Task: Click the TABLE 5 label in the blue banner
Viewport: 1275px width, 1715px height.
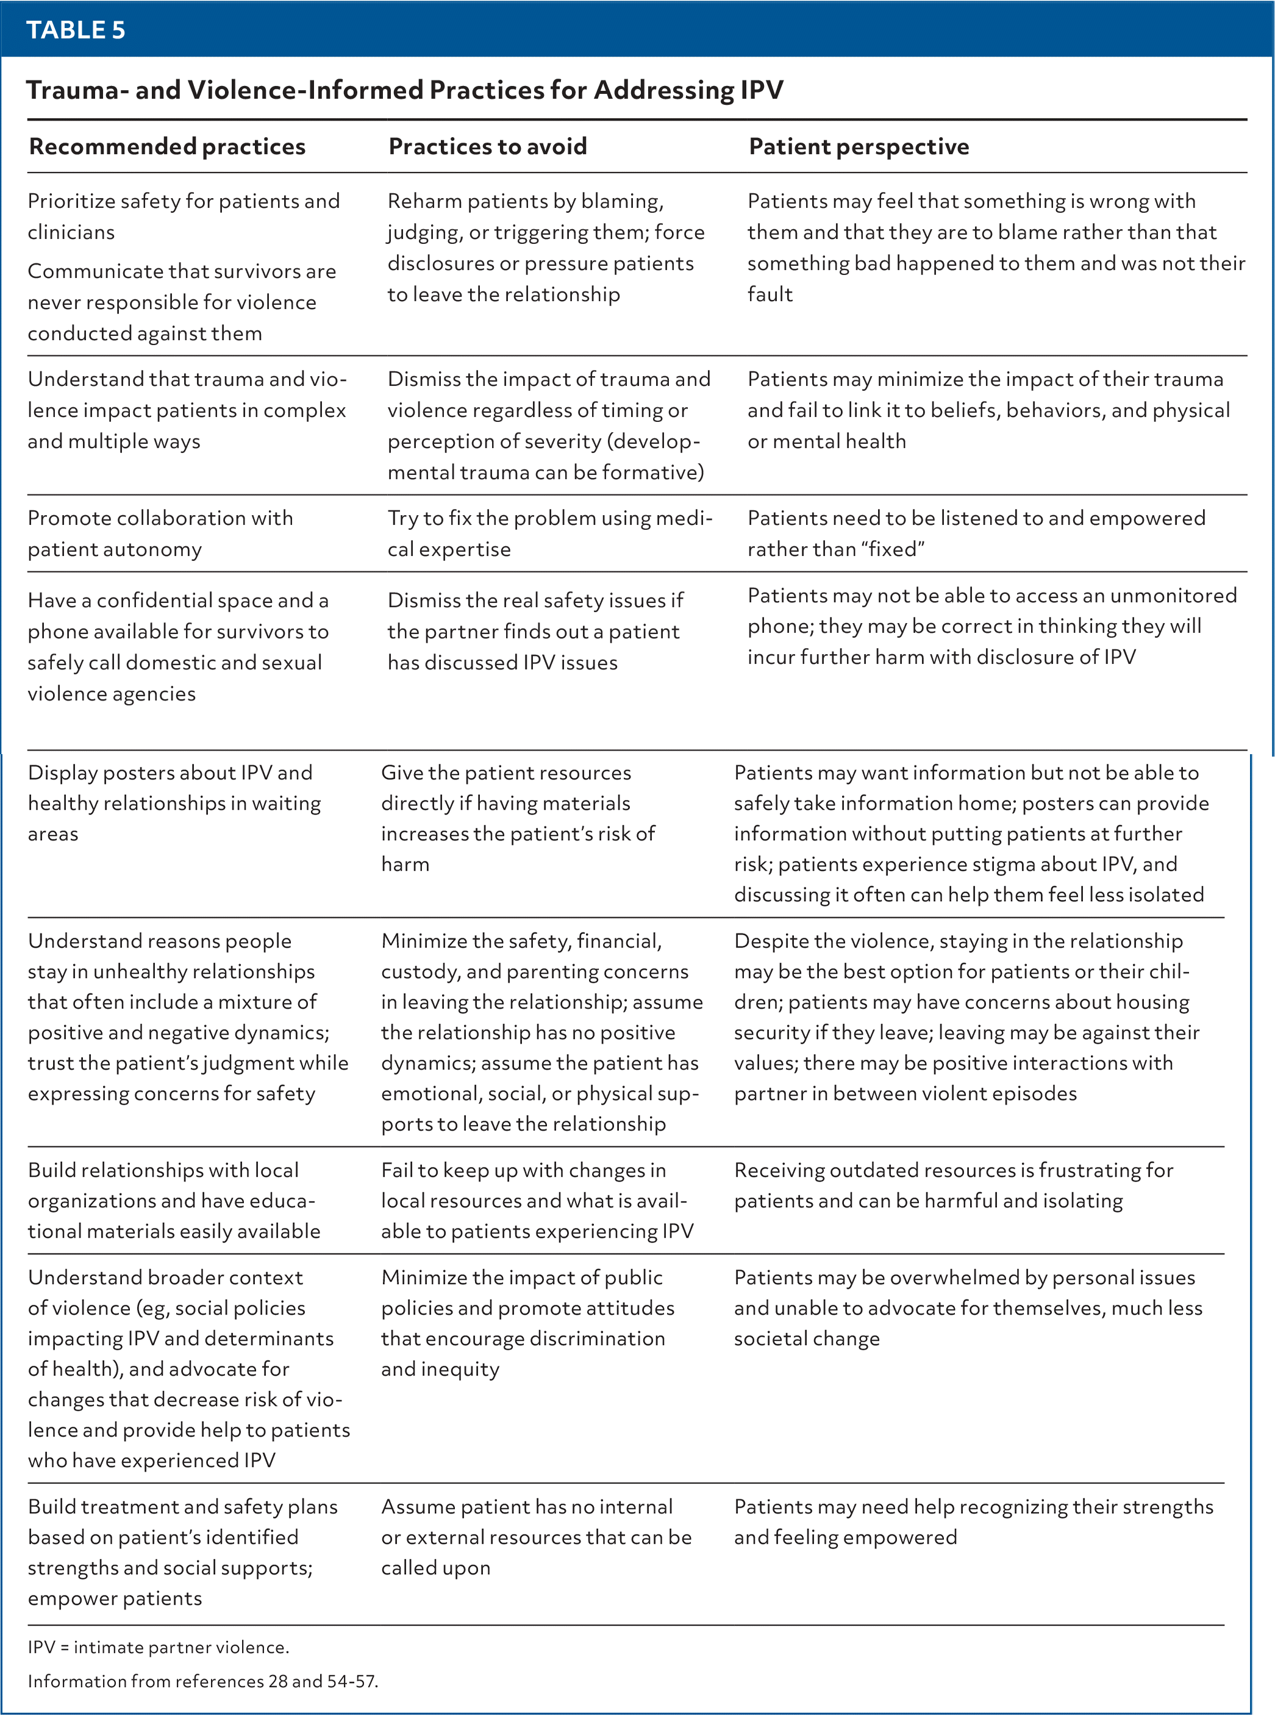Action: pyautogui.click(x=76, y=30)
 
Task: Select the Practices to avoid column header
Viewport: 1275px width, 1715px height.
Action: pyautogui.click(x=487, y=146)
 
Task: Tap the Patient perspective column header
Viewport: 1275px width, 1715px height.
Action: pyautogui.click(x=859, y=146)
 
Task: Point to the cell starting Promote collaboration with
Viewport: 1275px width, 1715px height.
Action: pyautogui.click(x=160, y=533)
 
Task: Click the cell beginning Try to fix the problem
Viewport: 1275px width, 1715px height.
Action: pyautogui.click(x=549, y=533)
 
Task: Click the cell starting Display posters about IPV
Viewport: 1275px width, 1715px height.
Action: pyautogui.click(x=174, y=802)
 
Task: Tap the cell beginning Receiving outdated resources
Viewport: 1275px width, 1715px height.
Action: pyautogui.click(x=952, y=1185)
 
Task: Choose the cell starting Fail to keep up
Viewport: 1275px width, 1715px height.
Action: pyautogui.click(x=537, y=1200)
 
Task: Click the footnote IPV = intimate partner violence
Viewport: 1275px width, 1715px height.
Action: pyautogui.click(x=158, y=1647)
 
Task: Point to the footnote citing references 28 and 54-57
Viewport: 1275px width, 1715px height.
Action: pyautogui.click(x=202, y=1681)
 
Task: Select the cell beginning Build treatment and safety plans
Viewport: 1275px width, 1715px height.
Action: pyautogui.click(x=182, y=1552)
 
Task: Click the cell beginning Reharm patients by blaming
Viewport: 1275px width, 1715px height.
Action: pyautogui.click(x=546, y=247)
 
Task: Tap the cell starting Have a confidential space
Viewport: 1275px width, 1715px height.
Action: pyautogui.click(x=177, y=646)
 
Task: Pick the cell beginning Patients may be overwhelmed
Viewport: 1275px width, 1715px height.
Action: pyautogui.click(x=967, y=1307)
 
